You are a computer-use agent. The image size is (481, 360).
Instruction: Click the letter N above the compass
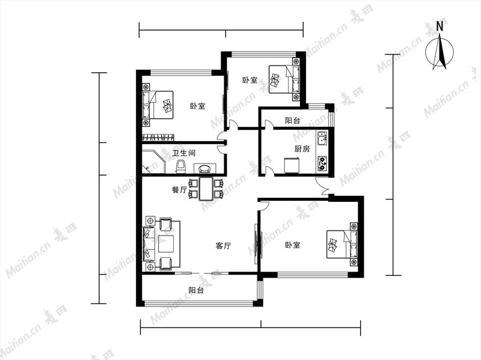point(440,26)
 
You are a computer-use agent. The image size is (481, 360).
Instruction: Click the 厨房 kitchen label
point(302,149)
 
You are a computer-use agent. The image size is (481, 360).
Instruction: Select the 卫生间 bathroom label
point(184,153)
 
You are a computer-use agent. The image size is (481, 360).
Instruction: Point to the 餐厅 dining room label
point(179,190)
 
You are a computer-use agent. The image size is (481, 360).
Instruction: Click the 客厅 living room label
point(223,246)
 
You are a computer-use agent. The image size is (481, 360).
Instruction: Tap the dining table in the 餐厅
point(206,189)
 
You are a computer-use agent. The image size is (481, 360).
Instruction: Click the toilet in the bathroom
point(182,166)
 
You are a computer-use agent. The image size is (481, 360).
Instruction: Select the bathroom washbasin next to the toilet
point(204,168)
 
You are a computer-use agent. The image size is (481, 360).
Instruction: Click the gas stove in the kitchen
point(322,163)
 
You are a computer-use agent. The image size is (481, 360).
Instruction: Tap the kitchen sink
point(322,139)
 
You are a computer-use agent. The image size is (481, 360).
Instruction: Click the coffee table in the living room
point(166,243)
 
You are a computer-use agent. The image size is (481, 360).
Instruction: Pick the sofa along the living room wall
point(149,244)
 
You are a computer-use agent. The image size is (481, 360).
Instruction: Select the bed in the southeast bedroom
point(342,245)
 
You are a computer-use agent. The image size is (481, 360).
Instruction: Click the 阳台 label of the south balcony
point(196,290)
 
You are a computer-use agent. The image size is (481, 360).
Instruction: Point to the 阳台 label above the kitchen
point(292,121)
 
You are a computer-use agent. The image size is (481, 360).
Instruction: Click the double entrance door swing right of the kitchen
point(322,186)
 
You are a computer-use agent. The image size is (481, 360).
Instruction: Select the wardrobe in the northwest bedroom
point(158,138)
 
